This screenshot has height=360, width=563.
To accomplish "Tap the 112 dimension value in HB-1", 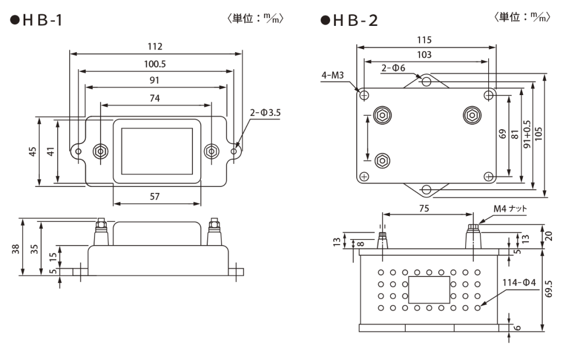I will point(156,47).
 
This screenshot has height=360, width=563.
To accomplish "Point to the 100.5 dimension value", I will point(154,64).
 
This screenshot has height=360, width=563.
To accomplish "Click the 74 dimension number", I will point(155,98).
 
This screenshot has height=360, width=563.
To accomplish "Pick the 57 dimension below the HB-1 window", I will point(156,196).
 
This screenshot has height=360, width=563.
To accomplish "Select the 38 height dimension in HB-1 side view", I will point(16,249).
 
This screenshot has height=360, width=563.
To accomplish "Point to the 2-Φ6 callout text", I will point(394,68).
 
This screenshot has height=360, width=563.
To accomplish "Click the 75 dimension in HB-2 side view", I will point(423,209).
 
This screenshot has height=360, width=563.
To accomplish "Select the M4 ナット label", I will point(510,209).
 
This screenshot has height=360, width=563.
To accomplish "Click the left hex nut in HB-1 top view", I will point(100,151).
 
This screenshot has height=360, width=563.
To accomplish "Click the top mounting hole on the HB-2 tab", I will point(426,81).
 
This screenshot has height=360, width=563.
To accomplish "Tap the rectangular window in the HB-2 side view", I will point(428,290).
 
